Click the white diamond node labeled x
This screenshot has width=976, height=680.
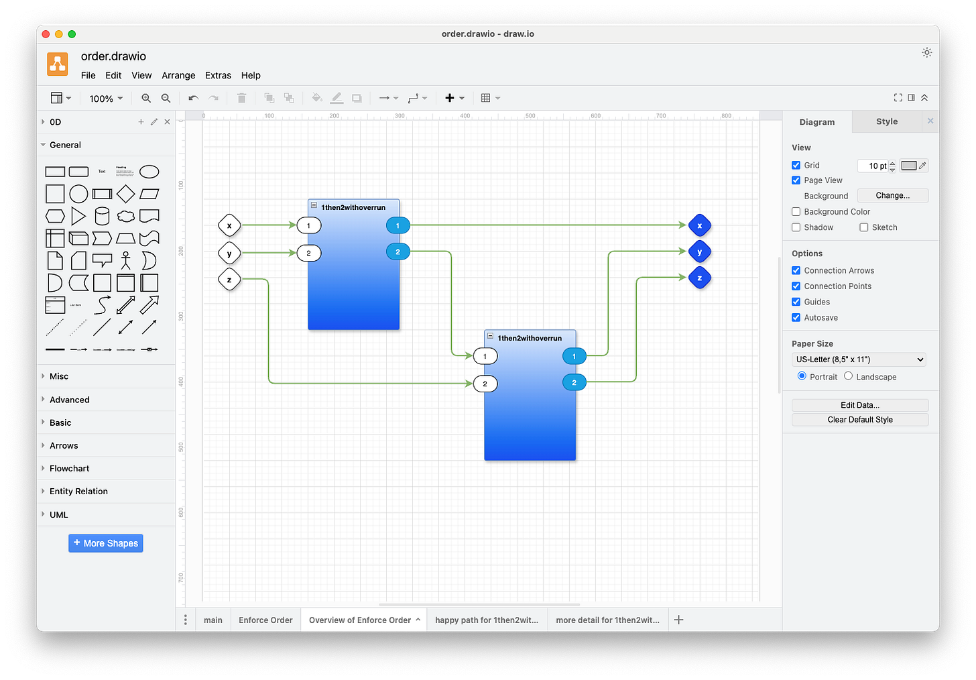tap(229, 226)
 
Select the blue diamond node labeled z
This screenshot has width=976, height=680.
tap(699, 278)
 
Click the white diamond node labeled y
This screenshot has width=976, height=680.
tap(229, 253)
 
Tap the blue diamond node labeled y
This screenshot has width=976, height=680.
tap(699, 252)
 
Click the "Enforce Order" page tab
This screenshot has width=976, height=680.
tap(265, 620)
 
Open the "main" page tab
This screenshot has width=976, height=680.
tap(213, 620)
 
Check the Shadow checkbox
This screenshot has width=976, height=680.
tap(796, 227)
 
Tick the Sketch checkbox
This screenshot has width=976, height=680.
tap(864, 227)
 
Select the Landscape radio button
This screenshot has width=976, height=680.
tap(849, 376)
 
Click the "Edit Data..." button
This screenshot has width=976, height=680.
tap(860, 405)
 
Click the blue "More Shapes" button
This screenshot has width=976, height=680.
tap(106, 543)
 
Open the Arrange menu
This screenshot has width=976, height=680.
tap(178, 75)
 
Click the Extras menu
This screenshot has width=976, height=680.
tap(218, 75)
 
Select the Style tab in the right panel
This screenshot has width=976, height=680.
tap(886, 121)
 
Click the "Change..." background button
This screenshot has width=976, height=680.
tap(892, 196)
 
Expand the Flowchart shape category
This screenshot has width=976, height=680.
tap(69, 469)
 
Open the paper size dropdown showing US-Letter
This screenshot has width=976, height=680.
tap(859, 359)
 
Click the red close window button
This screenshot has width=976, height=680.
tap(46, 34)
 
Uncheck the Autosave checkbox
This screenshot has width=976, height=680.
tap(796, 318)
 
